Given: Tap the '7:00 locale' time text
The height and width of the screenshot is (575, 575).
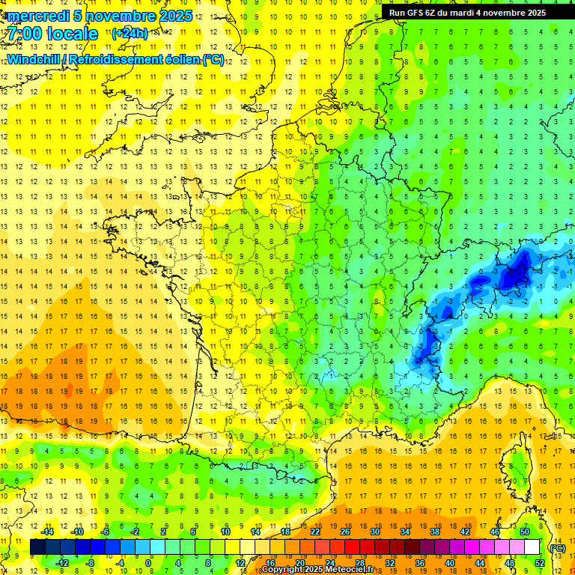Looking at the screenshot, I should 52,34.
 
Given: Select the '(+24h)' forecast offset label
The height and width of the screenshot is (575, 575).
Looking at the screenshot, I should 130,34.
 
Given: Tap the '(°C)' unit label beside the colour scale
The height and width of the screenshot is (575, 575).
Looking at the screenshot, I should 557,548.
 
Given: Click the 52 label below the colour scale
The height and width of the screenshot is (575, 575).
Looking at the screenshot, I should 540,563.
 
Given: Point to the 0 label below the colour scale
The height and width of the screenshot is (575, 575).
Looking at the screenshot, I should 148,563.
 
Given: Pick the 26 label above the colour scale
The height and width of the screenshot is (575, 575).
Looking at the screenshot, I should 345,532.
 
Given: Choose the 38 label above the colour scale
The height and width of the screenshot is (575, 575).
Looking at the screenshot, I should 434,532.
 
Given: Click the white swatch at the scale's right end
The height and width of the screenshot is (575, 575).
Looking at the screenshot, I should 532,547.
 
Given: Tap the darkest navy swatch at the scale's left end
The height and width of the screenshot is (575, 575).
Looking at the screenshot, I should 37,547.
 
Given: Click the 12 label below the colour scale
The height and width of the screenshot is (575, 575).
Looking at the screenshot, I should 240,563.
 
